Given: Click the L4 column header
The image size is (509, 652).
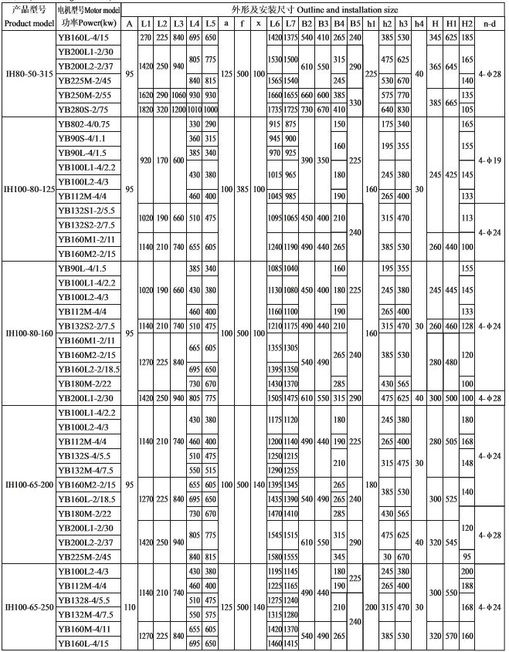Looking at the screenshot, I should [195, 23].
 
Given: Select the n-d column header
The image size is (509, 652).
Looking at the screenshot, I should [489, 23].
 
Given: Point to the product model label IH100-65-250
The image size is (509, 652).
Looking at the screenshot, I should [29, 607].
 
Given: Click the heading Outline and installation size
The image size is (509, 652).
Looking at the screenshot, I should [309, 8].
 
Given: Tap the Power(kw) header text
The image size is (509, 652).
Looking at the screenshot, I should [87, 23].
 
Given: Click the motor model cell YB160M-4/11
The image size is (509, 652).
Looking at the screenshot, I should [84, 630].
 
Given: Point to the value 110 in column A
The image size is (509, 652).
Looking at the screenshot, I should [129, 607].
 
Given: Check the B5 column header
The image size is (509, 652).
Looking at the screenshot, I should [355, 23].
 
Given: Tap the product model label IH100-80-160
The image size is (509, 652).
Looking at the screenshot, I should [29, 333].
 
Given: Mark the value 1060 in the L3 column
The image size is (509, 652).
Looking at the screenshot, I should [178, 94].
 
